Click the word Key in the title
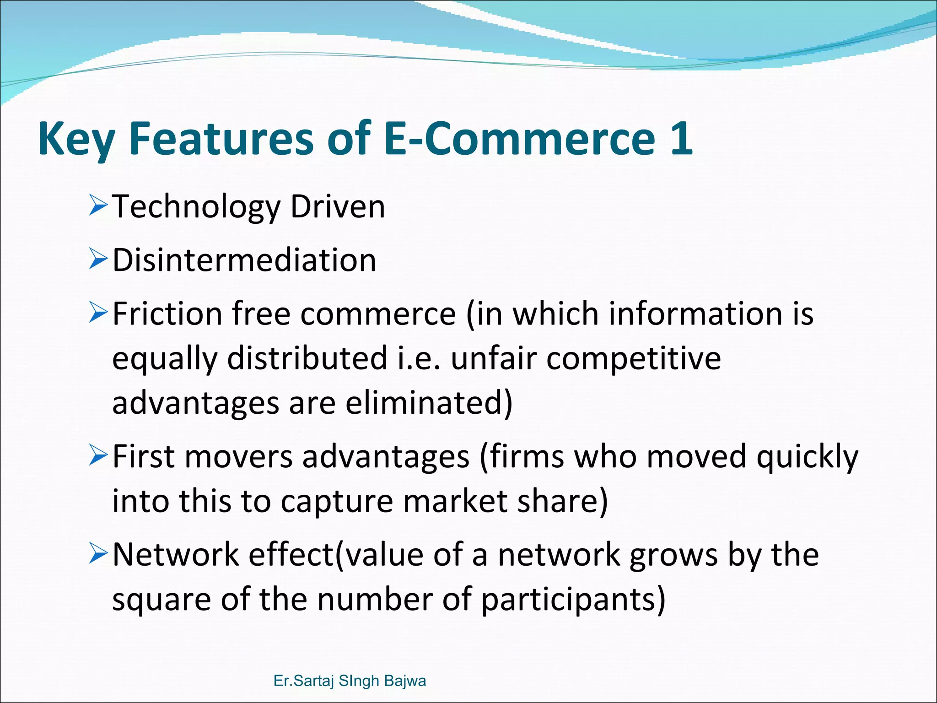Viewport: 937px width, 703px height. tap(76, 139)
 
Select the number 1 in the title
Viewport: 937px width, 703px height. tap(680, 137)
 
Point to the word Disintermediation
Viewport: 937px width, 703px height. tap(244, 260)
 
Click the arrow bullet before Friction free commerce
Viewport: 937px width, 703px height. tap(98, 314)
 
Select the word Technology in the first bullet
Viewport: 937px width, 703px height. tap(196, 207)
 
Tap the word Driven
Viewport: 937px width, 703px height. tap(338, 206)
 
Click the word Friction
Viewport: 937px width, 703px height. tap(167, 314)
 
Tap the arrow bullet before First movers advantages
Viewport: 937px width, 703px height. tap(98, 456)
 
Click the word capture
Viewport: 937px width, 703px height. tap(337, 501)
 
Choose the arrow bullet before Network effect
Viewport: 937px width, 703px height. tap(98, 554)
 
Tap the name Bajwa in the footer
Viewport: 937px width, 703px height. tap(405, 681)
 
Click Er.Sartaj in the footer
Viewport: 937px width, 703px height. tap(303, 681)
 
